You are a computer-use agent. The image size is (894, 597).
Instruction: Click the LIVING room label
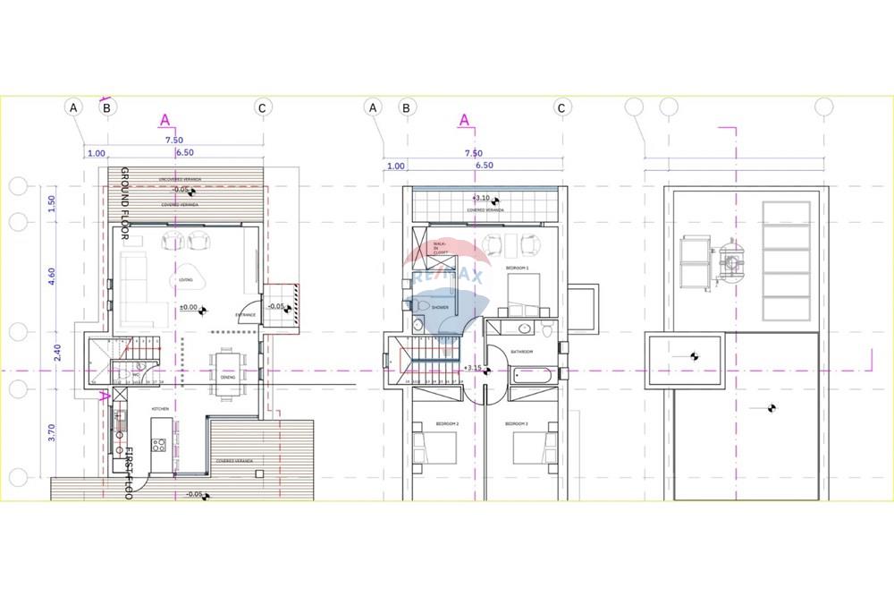point(187,280)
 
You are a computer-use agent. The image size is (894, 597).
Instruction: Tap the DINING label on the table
point(228,377)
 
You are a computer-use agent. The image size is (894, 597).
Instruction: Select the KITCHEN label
point(160,408)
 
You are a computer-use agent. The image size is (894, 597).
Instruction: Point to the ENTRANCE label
point(246,315)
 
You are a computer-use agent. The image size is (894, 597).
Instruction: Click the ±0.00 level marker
point(190,308)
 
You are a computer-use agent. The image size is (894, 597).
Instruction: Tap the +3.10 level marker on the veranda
point(481,198)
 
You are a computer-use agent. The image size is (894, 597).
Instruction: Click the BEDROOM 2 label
point(447,423)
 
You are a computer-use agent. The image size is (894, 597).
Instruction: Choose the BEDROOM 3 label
point(517,423)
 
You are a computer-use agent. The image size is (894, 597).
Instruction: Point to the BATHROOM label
point(521,352)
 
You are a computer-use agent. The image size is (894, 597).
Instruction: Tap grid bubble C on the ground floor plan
point(262,107)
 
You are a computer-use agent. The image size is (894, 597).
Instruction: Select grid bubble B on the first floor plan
point(407,107)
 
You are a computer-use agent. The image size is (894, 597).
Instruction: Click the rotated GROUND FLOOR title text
point(125,204)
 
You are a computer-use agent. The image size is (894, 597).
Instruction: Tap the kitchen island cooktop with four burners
point(159,443)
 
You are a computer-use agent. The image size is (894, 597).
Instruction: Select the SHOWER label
point(440,307)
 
